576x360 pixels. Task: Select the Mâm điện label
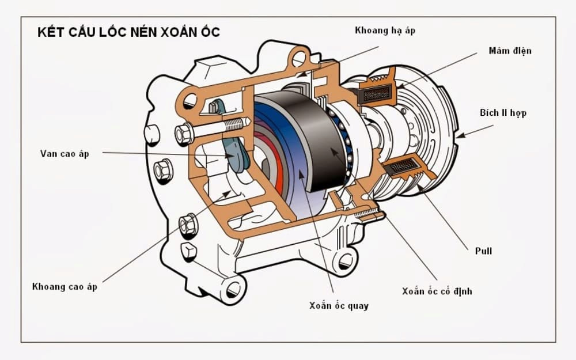tap(510, 51)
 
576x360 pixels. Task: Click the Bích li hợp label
tap(503, 113)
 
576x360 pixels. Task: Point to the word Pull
tap(483, 252)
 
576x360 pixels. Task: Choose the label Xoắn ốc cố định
tap(437, 291)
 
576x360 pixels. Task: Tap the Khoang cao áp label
tap(65, 287)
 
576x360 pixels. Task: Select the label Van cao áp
tap(65, 154)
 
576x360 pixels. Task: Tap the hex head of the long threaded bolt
tap(184, 134)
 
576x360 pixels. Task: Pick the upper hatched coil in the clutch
tap(377, 92)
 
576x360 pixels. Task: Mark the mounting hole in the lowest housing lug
tap(233, 289)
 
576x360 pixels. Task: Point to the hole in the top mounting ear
tap(299, 58)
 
